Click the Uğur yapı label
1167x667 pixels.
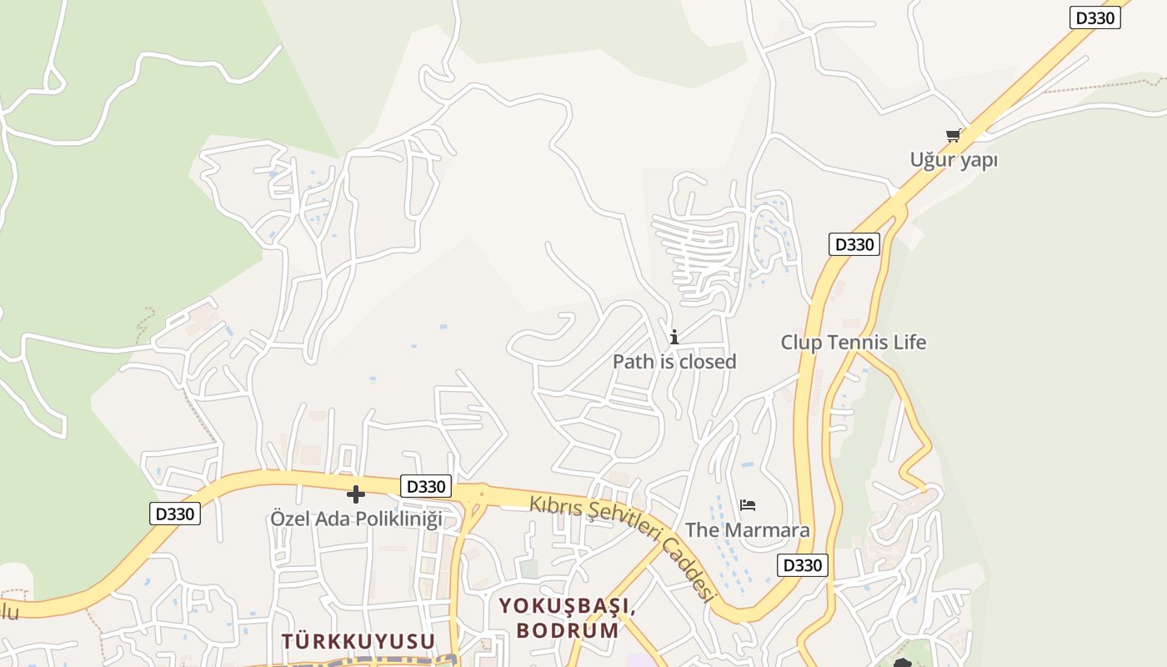click(x=954, y=159)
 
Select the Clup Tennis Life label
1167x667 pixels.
click(x=853, y=342)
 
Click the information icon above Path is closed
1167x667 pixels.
click(x=674, y=337)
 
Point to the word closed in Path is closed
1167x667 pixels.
click(x=707, y=361)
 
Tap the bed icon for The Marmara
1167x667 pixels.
click(x=748, y=505)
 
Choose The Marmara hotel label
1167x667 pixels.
click(x=747, y=530)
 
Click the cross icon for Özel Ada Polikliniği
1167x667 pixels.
click(x=356, y=494)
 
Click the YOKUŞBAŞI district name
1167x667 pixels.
click(x=567, y=606)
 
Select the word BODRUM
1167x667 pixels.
click(x=567, y=629)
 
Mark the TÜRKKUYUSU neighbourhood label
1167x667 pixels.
click(x=358, y=641)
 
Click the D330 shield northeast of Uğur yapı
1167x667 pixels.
click(x=1094, y=18)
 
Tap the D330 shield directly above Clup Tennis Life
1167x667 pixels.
click(x=854, y=244)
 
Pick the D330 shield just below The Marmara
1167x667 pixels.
click(x=803, y=565)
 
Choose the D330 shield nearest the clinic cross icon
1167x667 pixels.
click(x=426, y=486)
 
